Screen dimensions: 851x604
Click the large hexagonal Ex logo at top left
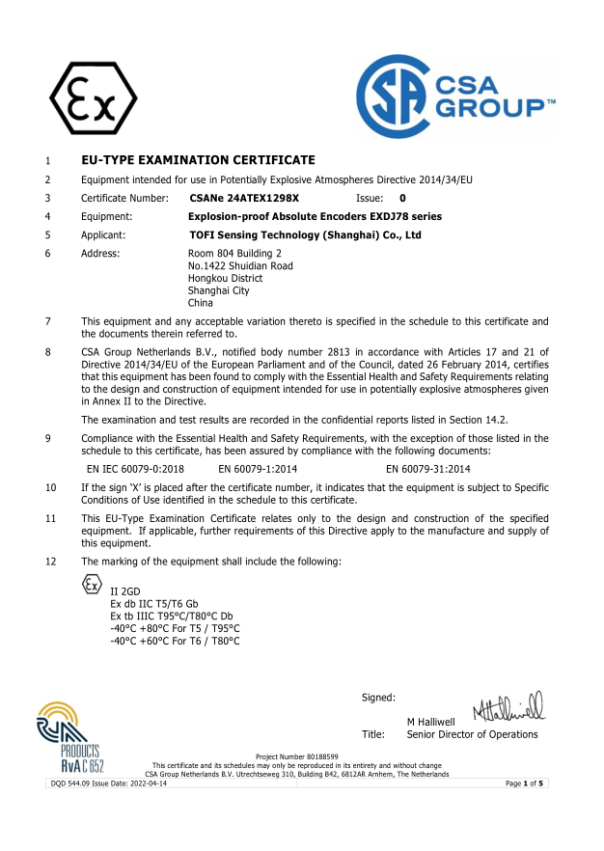pos(94,99)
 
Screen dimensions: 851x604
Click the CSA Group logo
pos(454,96)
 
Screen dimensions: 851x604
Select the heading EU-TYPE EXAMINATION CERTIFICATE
pos(198,159)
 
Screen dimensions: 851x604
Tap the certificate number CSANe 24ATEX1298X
pos(245,198)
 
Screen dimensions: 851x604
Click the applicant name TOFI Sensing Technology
pos(305,234)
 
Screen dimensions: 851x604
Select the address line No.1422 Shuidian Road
pos(240,265)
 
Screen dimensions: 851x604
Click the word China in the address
pos(201,303)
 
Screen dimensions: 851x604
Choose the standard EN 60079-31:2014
pos(428,468)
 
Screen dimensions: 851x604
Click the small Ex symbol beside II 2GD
pos(91,585)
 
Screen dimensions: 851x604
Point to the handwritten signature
pos(508,707)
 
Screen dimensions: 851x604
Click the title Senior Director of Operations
pos(472,734)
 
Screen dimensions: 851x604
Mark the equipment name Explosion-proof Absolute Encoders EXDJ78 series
pos(316,216)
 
